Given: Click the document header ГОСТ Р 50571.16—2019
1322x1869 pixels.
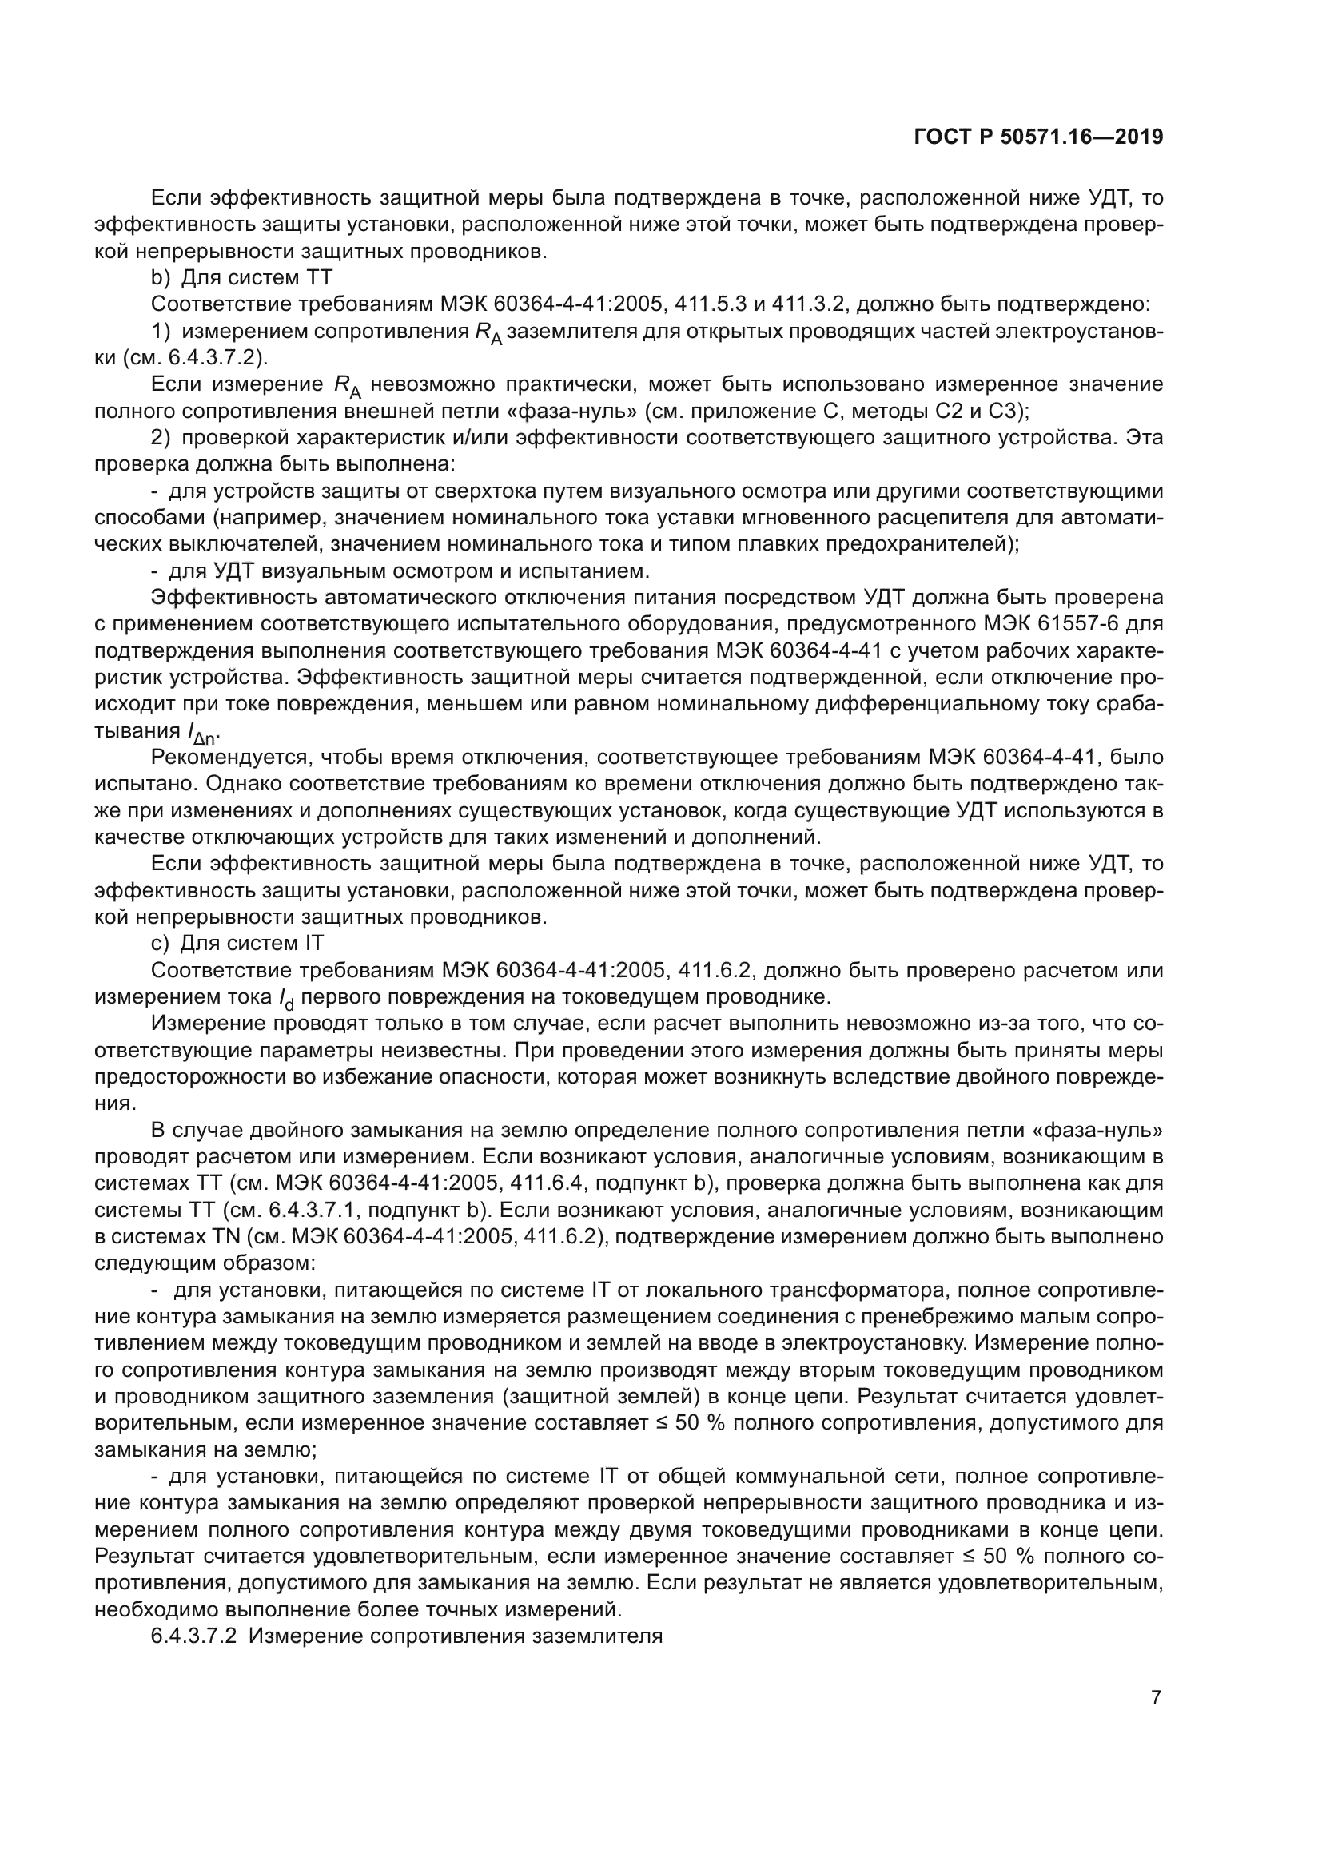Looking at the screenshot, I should tap(1038, 137).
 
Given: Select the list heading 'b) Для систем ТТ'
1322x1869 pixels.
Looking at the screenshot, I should tap(241, 277).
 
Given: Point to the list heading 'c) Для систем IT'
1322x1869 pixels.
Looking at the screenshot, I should tap(237, 944).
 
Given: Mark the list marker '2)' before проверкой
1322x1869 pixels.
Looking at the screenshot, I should tap(161, 438).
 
